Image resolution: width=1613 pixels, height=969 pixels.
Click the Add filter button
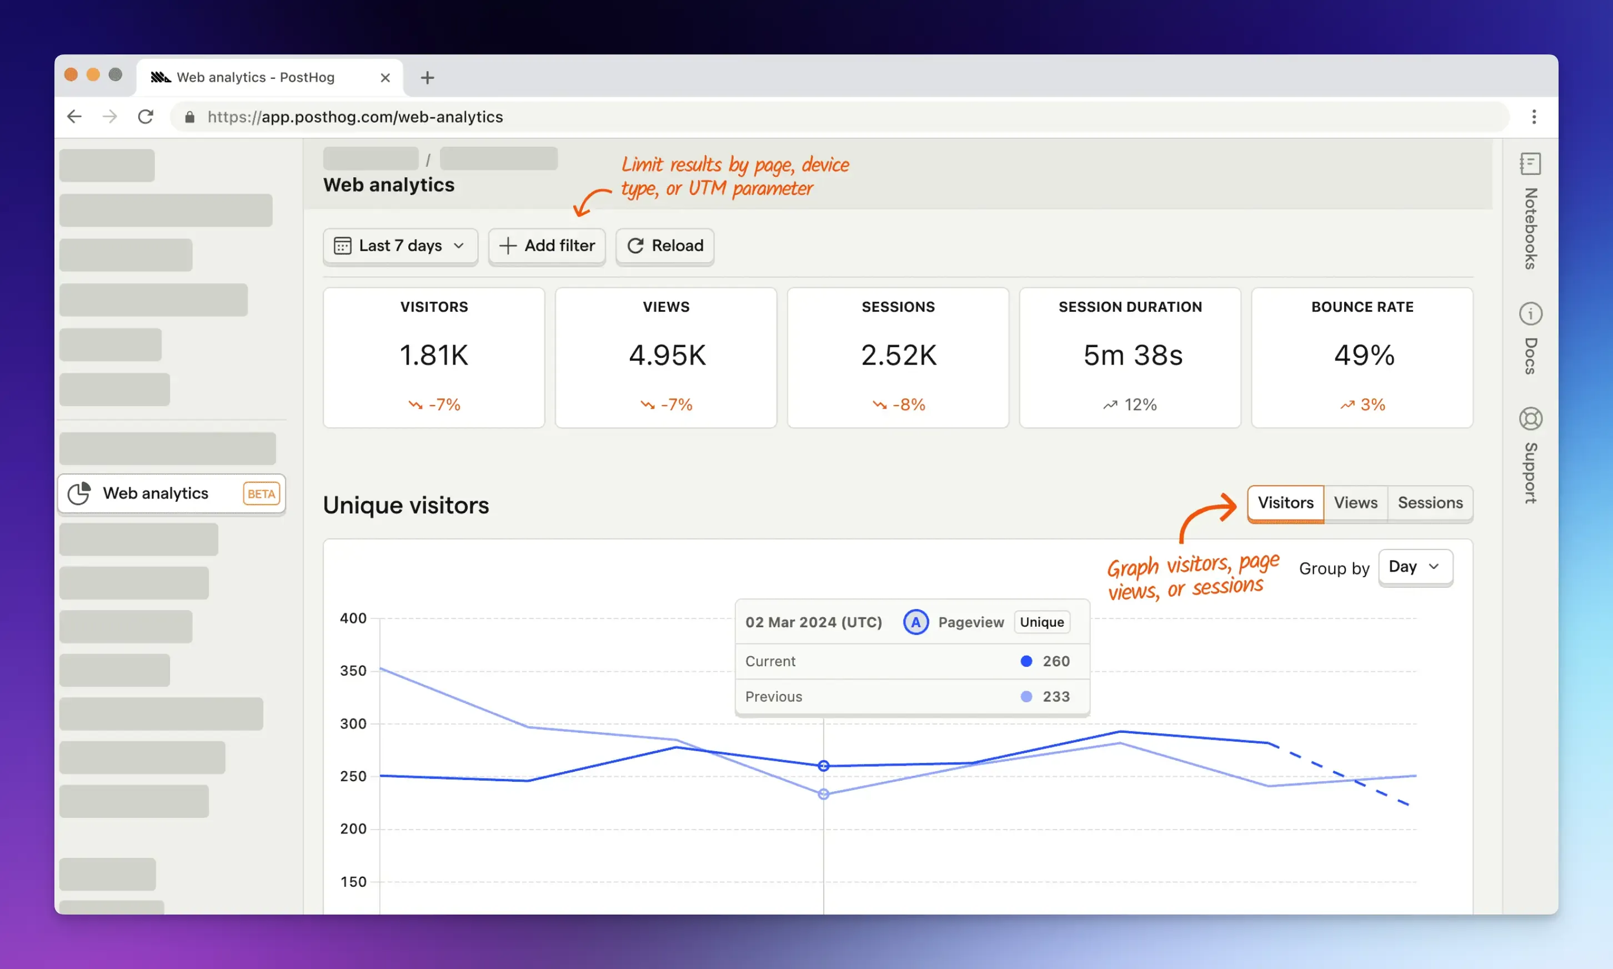(x=547, y=246)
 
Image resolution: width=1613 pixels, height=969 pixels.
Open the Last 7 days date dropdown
(x=400, y=246)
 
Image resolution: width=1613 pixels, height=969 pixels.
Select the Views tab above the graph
(x=1355, y=503)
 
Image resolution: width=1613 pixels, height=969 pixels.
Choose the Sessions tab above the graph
(x=1430, y=503)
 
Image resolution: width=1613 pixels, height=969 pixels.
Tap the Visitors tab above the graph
(x=1285, y=503)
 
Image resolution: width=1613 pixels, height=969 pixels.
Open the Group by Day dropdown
(x=1415, y=567)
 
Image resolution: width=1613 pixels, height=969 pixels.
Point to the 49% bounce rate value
(x=1364, y=355)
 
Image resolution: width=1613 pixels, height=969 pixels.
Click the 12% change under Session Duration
(x=1131, y=405)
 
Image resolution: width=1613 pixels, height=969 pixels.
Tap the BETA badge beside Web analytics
(x=261, y=493)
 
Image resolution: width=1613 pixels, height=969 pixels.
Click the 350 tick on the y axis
(x=353, y=671)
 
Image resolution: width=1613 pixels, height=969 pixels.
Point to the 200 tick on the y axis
(x=353, y=828)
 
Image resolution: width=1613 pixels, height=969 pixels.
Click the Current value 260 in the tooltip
(x=1055, y=661)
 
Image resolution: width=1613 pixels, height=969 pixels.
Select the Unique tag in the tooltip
(x=1041, y=622)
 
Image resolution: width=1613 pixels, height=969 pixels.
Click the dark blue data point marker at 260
(x=823, y=766)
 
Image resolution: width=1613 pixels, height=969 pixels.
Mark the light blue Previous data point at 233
(x=823, y=794)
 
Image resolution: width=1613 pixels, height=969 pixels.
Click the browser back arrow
(x=74, y=117)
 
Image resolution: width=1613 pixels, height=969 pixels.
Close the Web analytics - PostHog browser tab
(x=385, y=78)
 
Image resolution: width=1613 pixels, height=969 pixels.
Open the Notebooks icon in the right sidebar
(x=1530, y=164)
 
